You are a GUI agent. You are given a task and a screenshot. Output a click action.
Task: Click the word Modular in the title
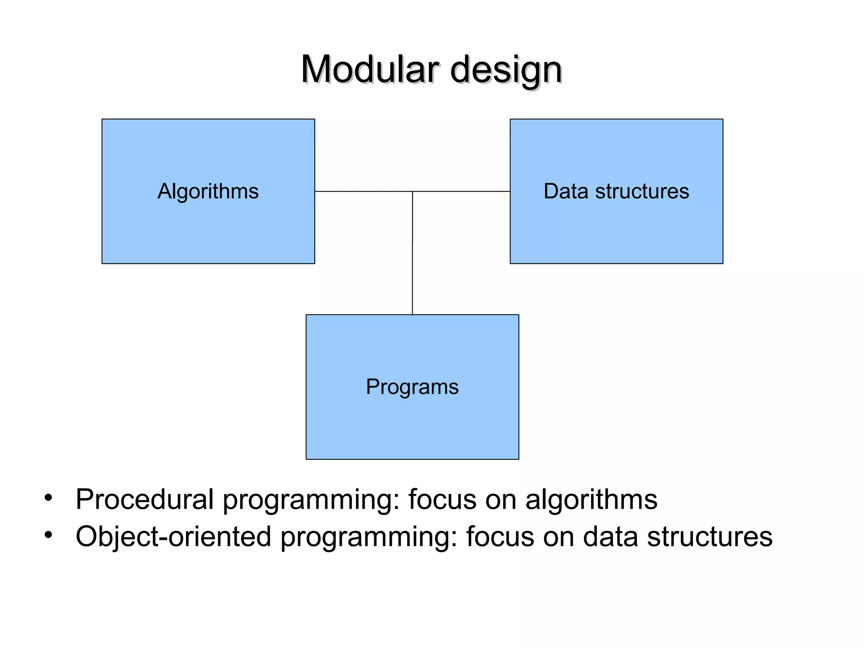[370, 70]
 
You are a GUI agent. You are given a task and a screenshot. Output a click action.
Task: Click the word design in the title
[506, 70]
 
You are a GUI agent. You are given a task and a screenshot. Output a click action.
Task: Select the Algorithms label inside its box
[208, 191]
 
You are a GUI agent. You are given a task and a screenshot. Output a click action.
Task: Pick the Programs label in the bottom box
[412, 387]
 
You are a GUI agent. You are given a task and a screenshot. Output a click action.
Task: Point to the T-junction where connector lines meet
[413, 192]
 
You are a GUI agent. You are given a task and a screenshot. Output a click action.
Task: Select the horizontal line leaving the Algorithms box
[363, 192]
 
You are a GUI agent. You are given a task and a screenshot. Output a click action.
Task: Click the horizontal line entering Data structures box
[464, 192]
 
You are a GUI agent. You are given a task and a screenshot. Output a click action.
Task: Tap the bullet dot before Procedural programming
[49, 498]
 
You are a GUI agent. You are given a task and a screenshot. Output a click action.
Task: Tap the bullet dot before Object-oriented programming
[49, 535]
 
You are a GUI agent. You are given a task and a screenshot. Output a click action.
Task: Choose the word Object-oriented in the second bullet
[173, 537]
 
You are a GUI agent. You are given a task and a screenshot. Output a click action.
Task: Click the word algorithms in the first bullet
[591, 499]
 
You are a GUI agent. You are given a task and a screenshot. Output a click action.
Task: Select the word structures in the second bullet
[710, 537]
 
